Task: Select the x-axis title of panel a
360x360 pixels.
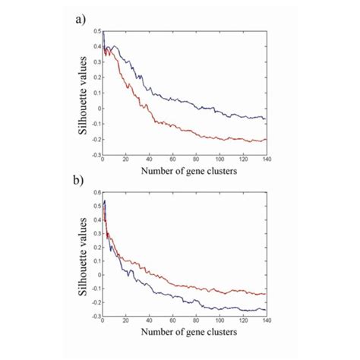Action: [x=185, y=172]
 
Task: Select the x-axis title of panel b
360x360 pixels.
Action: [x=185, y=332]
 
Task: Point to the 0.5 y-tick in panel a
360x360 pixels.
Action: [x=97, y=31]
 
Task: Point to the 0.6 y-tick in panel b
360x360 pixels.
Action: [x=97, y=194]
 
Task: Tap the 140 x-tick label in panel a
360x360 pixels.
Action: [x=265, y=160]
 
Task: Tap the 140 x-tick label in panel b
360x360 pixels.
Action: [x=265, y=321]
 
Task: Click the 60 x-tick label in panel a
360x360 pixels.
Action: [x=172, y=160]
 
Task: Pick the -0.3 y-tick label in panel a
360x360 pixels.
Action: [x=96, y=154]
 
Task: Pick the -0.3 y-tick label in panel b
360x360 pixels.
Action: [x=96, y=315]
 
